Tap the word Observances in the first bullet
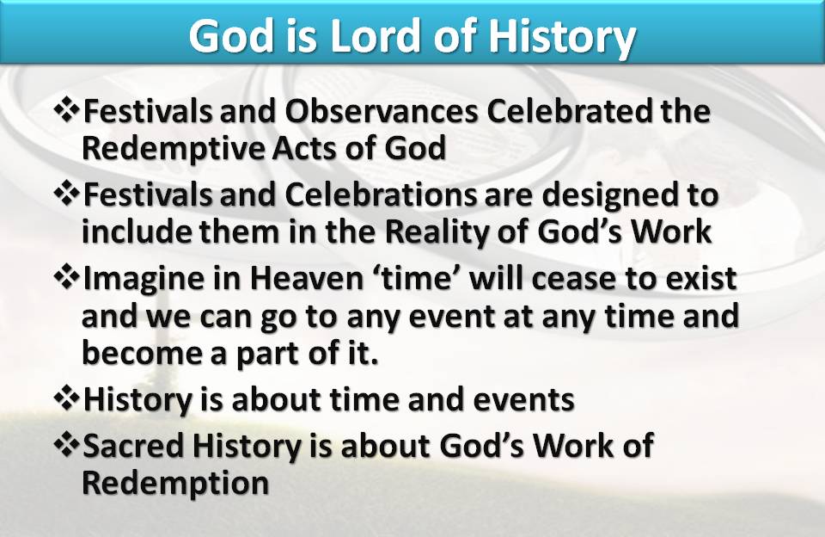382,111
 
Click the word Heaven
306,278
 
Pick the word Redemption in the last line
175,483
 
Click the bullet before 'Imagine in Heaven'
67,278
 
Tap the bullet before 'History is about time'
67,398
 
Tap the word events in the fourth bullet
523,400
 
